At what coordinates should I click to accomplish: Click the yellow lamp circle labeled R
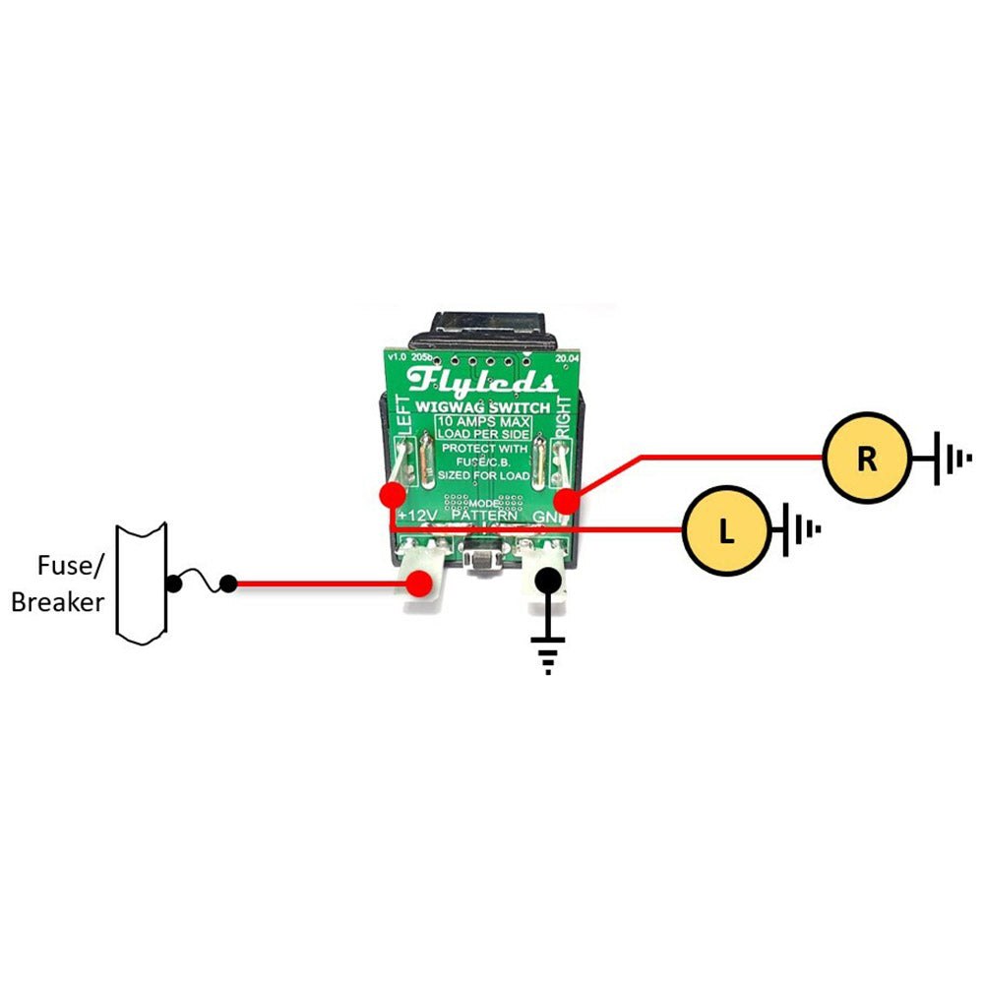[867, 459]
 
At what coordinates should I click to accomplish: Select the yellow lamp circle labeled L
[725, 532]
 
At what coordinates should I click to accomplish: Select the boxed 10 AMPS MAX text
[484, 427]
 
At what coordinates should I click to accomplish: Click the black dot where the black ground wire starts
[548, 581]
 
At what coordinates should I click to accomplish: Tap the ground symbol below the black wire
[548, 654]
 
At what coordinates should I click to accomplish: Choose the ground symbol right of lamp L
[802, 532]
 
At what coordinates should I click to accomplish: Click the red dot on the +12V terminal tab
[421, 584]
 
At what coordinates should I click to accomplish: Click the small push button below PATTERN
[483, 562]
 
